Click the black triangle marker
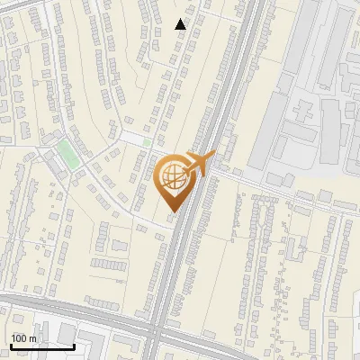tap(181, 24)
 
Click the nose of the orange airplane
tap(212, 155)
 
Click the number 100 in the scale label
tap(20, 338)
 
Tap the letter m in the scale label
tap(32, 338)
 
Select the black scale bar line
tap(42, 346)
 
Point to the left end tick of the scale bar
tap(11, 345)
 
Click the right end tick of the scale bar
tap(75, 345)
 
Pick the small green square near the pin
tap(147, 142)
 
